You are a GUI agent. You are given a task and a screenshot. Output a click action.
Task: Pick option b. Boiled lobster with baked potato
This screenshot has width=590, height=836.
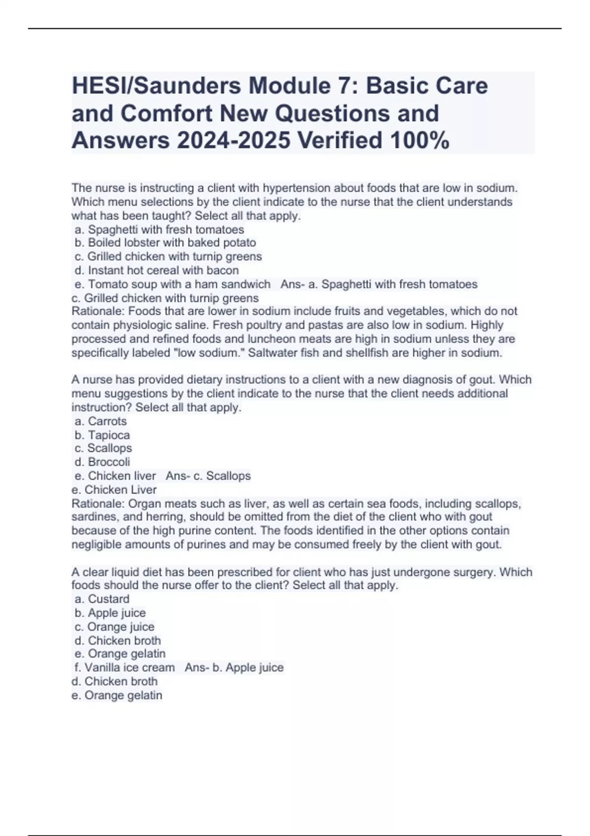[x=165, y=242]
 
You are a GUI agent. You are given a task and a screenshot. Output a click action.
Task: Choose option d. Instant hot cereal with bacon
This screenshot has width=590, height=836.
[x=156, y=270]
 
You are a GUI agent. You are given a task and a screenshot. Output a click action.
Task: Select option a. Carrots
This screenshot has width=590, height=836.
[x=101, y=421]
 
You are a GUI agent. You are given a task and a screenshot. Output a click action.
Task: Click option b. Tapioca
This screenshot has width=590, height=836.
[x=102, y=435]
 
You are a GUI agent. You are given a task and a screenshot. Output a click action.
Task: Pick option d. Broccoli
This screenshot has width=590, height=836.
[x=102, y=462]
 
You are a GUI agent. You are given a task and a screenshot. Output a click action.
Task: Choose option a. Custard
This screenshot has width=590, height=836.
[x=102, y=599]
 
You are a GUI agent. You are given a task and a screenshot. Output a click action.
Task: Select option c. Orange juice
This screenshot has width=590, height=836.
[x=115, y=627]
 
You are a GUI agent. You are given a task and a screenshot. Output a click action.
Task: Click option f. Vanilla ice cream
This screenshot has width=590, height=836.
[x=125, y=667]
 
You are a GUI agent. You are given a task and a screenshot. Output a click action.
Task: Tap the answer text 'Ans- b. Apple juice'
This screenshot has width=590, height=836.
[x=234, y=667]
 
